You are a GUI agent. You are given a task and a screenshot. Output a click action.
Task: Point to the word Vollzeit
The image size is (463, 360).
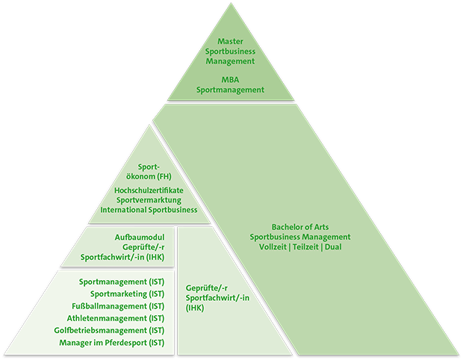pos(276,247)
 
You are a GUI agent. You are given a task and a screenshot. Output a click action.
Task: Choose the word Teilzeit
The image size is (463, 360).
pos(306,247)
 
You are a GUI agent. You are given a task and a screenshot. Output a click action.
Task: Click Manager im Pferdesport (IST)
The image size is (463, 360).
pos(112,343)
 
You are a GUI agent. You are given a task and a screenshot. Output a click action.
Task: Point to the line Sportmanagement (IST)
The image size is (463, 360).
pos(122,282)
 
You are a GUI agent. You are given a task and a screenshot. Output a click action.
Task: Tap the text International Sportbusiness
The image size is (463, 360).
pos(149,210)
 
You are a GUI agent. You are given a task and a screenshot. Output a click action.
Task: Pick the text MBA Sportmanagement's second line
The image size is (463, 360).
pos(230,90)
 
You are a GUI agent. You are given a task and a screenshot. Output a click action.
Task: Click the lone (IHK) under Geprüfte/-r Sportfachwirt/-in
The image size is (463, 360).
pos(195,307)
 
